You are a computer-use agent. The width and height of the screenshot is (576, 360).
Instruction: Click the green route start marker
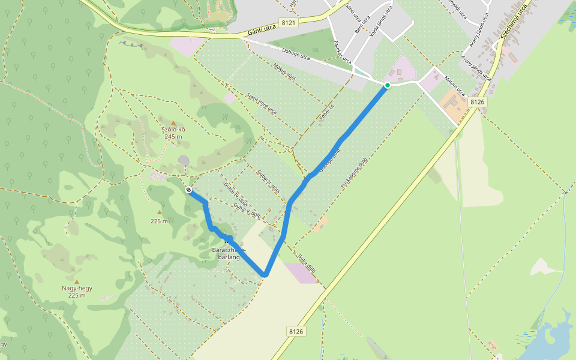(x=388, y=85)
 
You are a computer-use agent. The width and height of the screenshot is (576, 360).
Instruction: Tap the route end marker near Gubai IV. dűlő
(x=188, y=190)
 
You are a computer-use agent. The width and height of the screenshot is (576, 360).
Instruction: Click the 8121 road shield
(x=289, y=23)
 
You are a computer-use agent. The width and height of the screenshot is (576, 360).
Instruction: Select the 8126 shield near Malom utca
(x=478, y=102)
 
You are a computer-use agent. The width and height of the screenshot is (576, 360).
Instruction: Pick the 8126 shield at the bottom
(x=296, y=331)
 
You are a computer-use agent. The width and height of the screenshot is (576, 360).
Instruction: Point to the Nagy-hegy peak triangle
(x=76, y=281)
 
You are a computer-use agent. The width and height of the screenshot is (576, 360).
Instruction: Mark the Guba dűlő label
(x=306, y=262)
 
